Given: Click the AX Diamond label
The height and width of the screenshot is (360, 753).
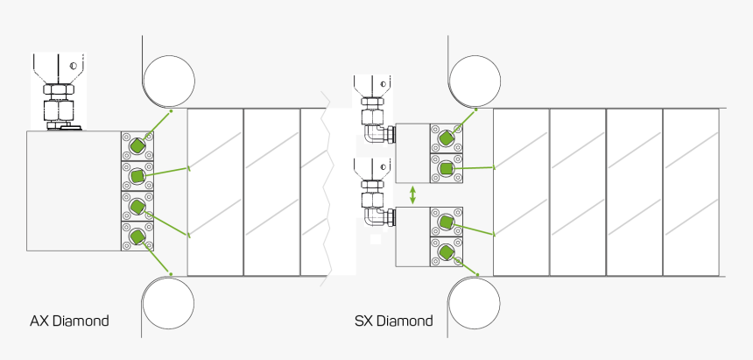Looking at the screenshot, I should [69, 321].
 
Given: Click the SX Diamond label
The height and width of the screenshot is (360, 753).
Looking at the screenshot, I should [393, 321].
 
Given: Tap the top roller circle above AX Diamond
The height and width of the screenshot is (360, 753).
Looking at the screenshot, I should [170, 81].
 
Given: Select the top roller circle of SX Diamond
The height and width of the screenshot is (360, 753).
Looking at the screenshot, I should [475, 81].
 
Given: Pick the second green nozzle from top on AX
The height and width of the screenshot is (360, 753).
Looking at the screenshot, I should [137, 176].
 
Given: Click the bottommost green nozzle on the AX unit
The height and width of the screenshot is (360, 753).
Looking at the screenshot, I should [137, 236].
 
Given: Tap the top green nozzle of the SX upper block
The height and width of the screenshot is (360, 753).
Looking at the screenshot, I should [446, 138].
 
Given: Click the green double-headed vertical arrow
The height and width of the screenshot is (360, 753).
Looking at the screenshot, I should [412, 194].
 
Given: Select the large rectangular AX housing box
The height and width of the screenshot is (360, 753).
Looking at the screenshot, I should [73, 191].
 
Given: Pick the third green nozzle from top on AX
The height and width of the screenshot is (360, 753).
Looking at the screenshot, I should [137, 207].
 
